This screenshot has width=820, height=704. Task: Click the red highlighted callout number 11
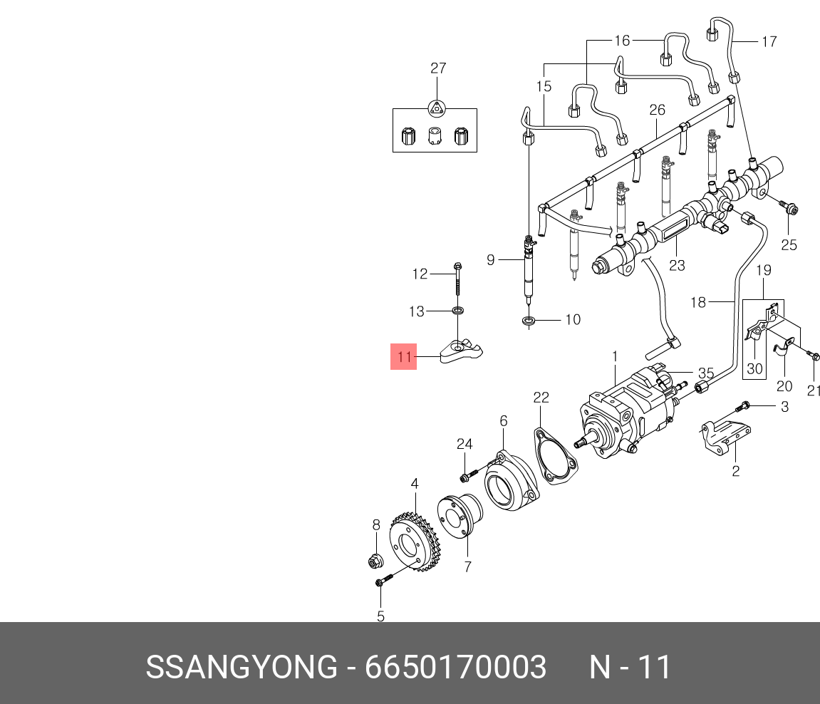404,357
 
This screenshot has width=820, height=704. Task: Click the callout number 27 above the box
437,68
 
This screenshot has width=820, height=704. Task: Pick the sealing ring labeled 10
529,321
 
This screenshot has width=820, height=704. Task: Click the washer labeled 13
456,311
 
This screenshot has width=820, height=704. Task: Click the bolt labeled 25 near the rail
789,208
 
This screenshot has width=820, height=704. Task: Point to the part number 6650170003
455,668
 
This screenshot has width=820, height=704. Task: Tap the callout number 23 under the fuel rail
676,265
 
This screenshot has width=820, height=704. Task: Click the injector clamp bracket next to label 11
463,351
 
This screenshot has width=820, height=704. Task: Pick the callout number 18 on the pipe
697,302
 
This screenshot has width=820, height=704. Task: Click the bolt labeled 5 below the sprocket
383,581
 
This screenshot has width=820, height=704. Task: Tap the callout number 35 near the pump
705,373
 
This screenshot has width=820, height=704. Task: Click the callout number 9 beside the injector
490,260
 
